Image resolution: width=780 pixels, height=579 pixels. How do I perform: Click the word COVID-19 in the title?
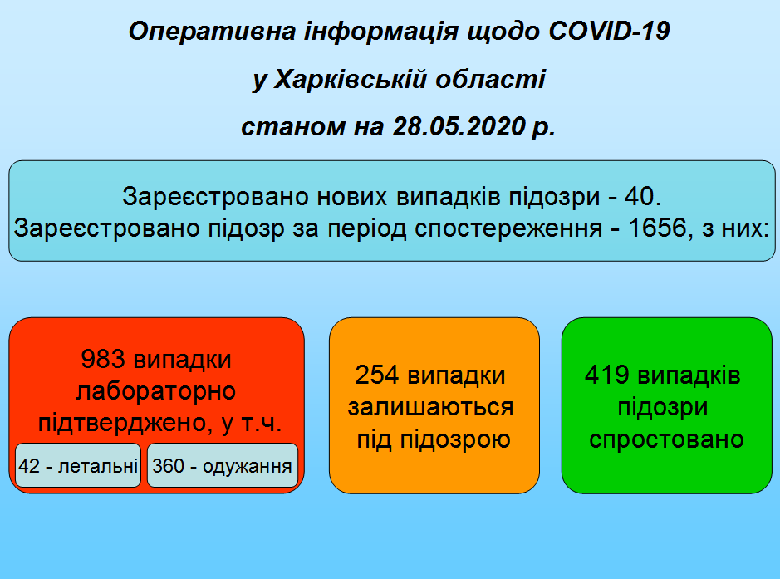click(610, 32)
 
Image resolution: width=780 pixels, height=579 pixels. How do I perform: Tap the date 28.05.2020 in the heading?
click(459, 126)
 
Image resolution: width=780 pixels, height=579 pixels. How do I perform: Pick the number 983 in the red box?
click(103, 359)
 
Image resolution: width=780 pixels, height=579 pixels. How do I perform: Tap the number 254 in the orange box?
click(377, 375)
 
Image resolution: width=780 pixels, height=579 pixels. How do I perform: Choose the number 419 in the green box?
click(607, 375)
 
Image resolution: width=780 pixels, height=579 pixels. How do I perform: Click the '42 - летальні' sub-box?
click(78, 465)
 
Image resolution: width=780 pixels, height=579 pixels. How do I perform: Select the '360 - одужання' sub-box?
click(223, 465)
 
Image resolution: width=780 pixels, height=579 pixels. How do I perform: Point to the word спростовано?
click(666, 439)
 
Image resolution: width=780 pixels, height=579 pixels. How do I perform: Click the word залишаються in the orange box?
click(431, 407)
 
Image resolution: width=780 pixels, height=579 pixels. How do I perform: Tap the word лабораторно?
click(156, 391)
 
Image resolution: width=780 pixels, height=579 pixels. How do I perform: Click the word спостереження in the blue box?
click(508, 228)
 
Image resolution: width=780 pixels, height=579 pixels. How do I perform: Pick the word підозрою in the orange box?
click(455, 439)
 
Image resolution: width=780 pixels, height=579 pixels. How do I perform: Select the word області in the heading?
click(491, 79)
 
